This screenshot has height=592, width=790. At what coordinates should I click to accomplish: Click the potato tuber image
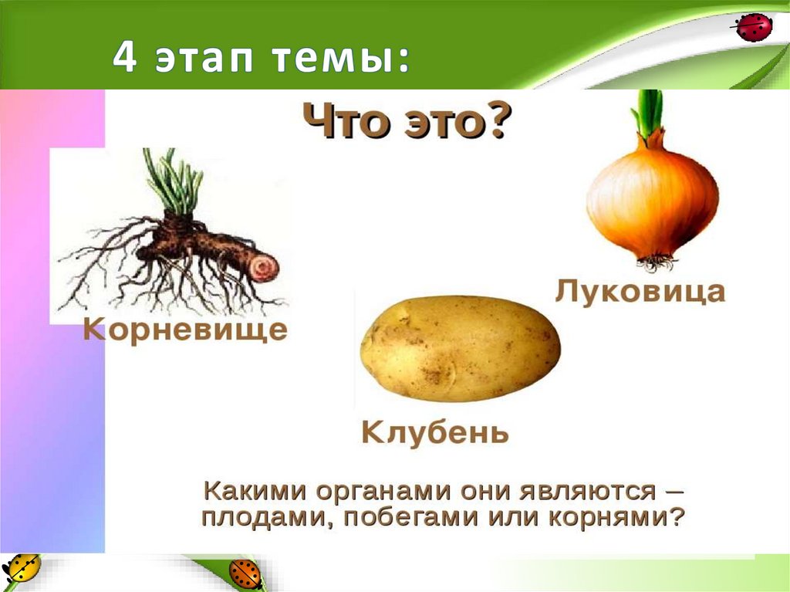461,349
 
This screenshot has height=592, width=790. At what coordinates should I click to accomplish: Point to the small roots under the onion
655,262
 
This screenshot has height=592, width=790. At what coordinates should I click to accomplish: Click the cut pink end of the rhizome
264,269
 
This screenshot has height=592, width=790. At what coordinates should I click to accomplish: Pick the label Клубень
435,432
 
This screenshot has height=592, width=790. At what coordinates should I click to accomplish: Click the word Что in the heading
343,123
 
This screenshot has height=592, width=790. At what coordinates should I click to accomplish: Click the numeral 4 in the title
123,59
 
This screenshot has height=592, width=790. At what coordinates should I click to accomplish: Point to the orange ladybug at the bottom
245,574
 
